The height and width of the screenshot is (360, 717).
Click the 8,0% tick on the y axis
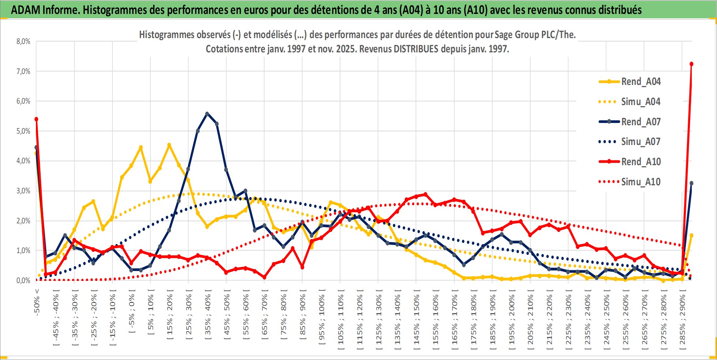point(23,41)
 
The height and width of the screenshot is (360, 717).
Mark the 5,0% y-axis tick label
point(23,131)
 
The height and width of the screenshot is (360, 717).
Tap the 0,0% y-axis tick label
point(23,281)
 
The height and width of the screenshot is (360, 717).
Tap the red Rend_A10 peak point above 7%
point(691,64)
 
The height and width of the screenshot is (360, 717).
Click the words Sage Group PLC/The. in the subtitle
point(535,35)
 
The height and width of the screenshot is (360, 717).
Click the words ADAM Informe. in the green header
point(45,10)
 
